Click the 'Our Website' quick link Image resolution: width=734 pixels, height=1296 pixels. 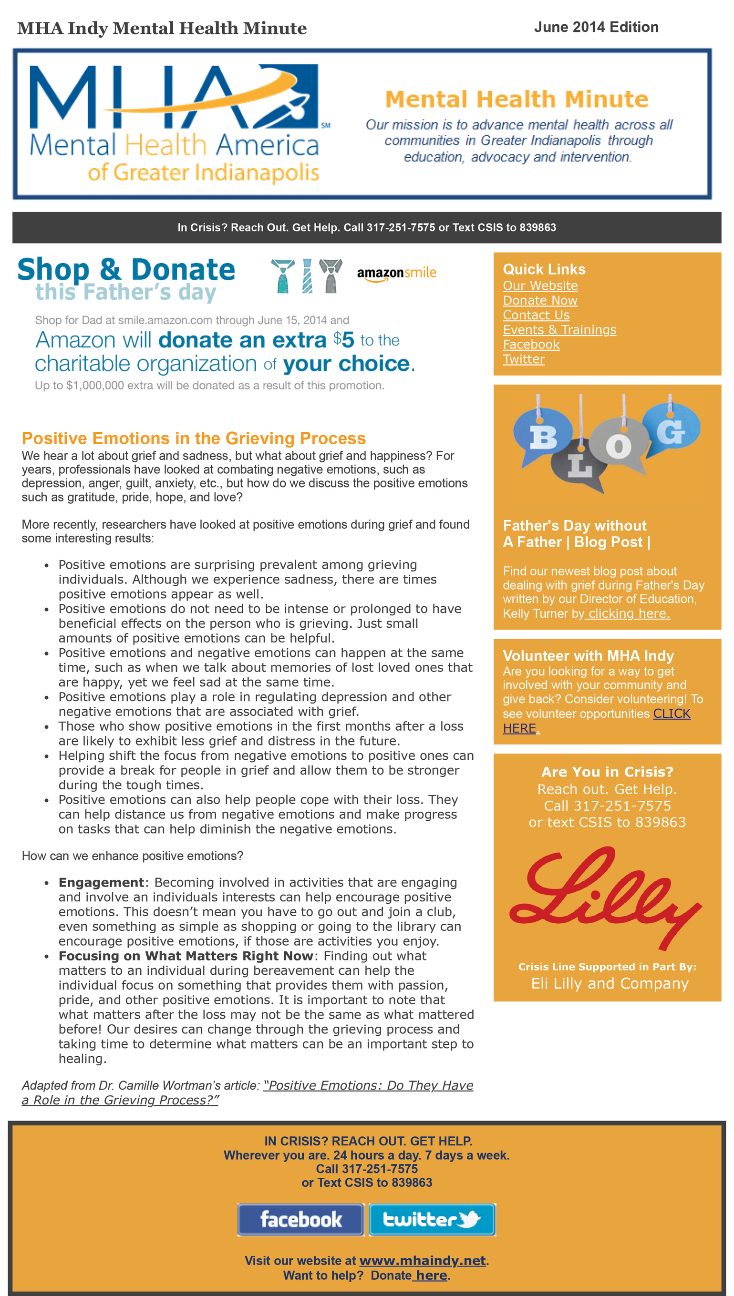click(x=540, y=286)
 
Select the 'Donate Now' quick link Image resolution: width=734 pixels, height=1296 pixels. click(x=540, y=300)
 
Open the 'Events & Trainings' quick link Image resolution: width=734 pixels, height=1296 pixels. click(x=559, y=329)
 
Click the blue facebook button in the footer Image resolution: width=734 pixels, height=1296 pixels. click(x=300, y=1219)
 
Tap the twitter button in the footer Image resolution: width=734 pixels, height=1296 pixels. click(x=432, y=1219)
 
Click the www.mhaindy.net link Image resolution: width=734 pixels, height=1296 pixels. click(x=423, y=1260)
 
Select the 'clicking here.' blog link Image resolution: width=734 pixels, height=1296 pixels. click(x=629, y=613)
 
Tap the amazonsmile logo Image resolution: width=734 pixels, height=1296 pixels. click(x=396, y=273)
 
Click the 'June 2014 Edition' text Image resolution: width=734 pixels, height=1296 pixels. click(x=596, y=27)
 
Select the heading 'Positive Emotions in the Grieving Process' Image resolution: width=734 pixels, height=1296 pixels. click(x=194, y=438)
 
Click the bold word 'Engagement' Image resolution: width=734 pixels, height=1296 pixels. click(x=101, y=882)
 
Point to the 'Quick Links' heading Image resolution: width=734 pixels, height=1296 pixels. click(x=544, y=269)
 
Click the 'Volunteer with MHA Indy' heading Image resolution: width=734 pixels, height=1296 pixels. click(x=588, y=656)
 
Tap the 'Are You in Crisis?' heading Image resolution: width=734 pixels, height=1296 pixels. click(x=607, y=772)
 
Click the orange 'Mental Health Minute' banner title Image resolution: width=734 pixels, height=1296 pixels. click(x=517, y=99)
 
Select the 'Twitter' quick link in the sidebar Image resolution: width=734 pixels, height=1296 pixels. click(x=523, y=359)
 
